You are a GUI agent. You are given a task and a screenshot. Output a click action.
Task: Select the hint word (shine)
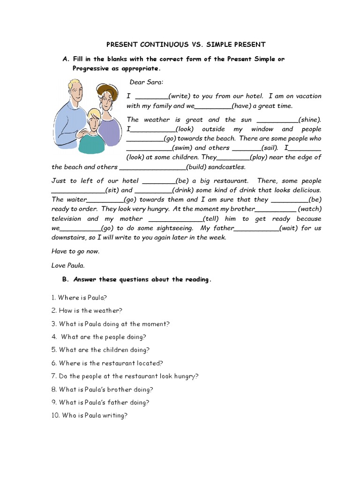[309, 120]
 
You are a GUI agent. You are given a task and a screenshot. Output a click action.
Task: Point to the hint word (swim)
[180, 148]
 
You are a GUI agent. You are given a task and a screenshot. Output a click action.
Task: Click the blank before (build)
[153, 167]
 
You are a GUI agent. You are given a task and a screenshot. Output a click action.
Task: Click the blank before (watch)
[276, 210]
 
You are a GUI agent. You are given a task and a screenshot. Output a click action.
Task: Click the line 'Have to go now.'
[75, 251]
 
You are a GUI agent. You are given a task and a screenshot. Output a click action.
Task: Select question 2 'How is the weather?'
[87, 310]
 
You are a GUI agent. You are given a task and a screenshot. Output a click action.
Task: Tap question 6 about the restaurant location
[107, 363]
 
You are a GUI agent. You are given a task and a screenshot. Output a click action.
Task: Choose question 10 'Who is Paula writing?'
[89, 415]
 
